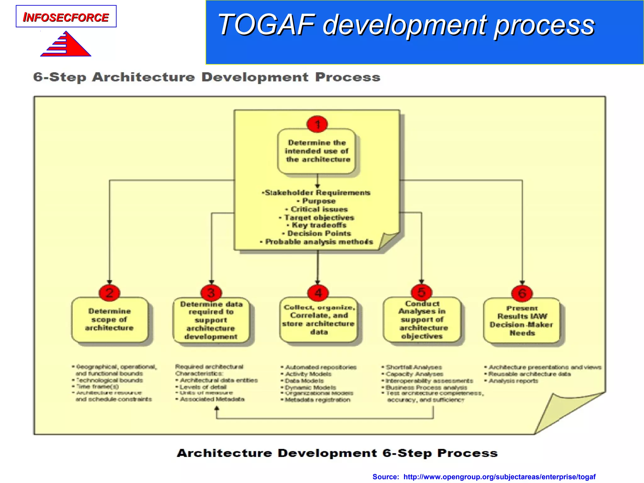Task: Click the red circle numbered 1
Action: [317, 124]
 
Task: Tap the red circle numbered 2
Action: [109, 293]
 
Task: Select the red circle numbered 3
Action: [211, 293]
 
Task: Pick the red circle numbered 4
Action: [318, 293]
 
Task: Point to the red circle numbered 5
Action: [421, 292]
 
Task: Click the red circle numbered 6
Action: [522, 293]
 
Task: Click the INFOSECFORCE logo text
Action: [66, 17]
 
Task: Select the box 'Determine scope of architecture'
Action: [109, 319]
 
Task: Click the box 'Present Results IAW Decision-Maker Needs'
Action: [522, 320]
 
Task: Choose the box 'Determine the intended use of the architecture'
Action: [317, 151]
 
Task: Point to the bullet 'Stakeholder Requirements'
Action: [317, 192]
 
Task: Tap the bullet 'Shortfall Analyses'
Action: [414, 367]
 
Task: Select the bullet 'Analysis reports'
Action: [513, 381]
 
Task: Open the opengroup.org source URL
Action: [499, 477]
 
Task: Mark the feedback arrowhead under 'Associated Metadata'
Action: [217, 408]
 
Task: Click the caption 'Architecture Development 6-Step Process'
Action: [337, 453]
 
